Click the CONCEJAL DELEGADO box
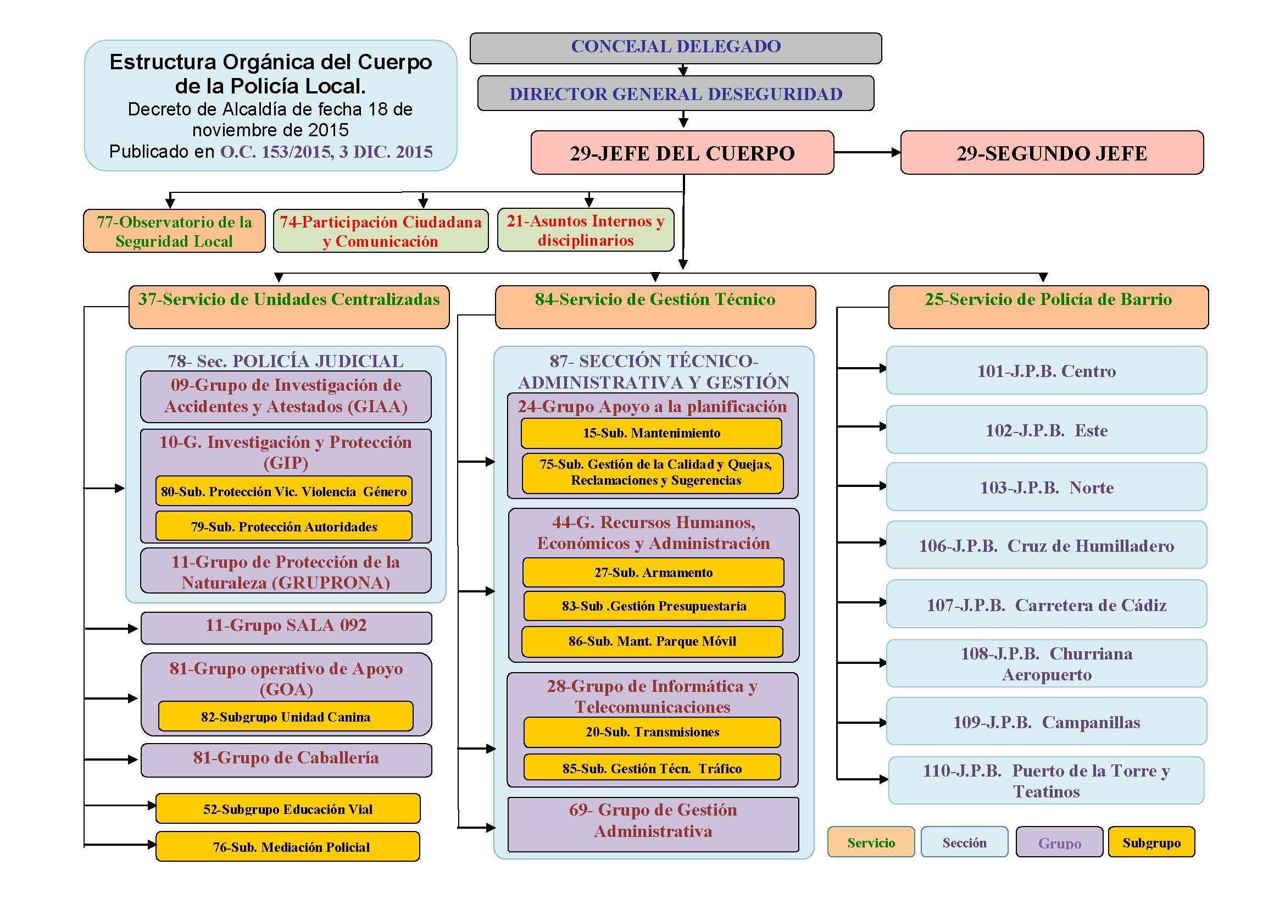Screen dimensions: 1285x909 [x=676, y=48]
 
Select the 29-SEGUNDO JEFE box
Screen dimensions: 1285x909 [x=1052, y=153]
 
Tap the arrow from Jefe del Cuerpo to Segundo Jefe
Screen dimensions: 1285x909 [x=867, y=152]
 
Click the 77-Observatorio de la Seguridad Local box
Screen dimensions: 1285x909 [x=174, y=231]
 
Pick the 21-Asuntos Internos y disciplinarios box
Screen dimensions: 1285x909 [x=586, y=230]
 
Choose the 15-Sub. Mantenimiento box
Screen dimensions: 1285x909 [x=652, y=433]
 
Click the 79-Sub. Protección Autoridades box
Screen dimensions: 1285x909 [x=283, y=526]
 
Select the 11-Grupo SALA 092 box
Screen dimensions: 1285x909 [x=286, y=628]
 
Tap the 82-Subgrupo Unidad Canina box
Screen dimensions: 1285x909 [x=286, y=717]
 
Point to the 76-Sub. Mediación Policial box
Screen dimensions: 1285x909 [x=288, y=846]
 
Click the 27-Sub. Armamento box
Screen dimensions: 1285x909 [x=653, y=573]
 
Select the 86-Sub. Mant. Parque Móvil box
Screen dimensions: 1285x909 [x=652, y=641]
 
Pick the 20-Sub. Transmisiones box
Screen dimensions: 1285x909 [x=652, y=732]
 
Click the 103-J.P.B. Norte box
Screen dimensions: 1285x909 [x=1047, y=487]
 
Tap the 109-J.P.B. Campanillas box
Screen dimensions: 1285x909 [x=1047, y=722]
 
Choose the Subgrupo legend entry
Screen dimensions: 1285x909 [x=1152, y=842]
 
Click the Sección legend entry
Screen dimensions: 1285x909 [x=964, y=842]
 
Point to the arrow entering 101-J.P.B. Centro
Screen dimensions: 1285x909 [x=862, y=368]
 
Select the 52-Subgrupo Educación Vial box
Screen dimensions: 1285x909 [x=288, y=808]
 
